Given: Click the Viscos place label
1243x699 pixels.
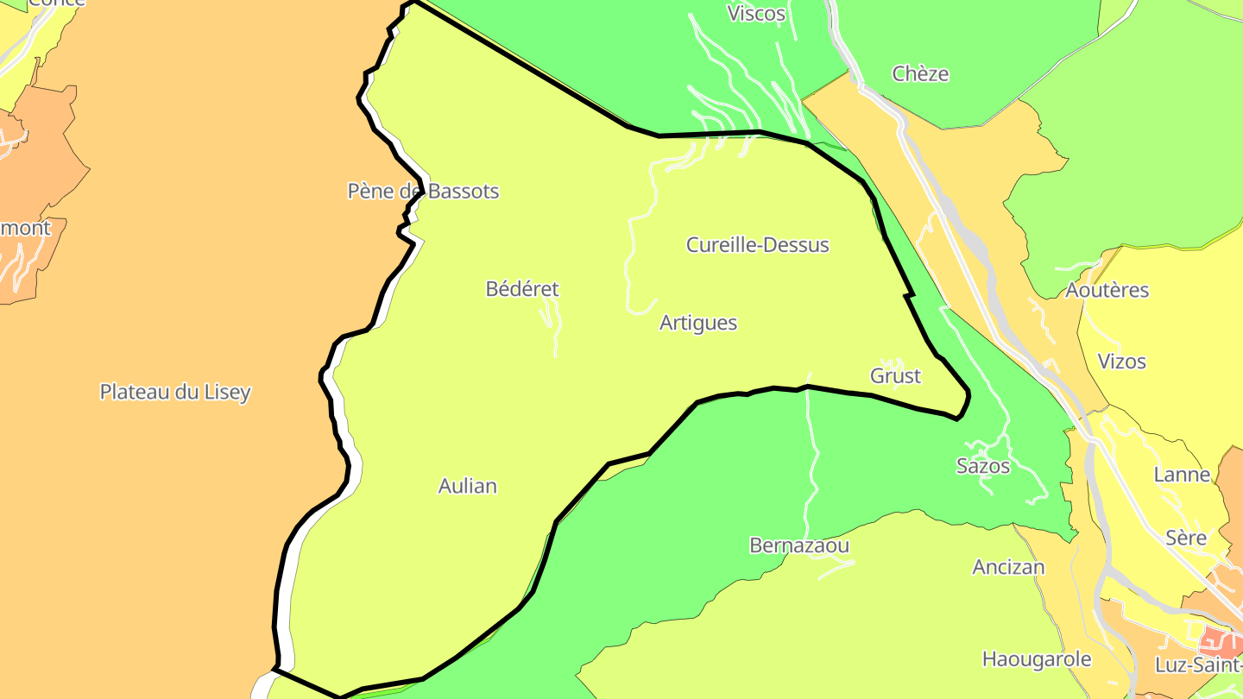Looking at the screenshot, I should click(x=756, y=14).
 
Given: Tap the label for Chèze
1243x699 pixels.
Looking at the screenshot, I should click(x=920, y=74).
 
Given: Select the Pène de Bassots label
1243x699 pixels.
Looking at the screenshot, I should click(x=423, y=192).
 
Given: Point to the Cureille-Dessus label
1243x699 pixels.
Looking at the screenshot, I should click(x=757, y=245).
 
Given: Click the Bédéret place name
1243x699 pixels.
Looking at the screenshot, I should click(x=522, y=289).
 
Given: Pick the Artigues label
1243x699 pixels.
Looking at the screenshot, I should click(x=698, y=323).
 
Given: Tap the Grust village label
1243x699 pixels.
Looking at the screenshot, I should click(x=895, y=376).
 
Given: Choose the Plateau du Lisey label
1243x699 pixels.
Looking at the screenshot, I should click(x=175, y=392).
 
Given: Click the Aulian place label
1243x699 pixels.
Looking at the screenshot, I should click(x=468, y=487).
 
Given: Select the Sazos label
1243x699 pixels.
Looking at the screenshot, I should click(x=983, y=466).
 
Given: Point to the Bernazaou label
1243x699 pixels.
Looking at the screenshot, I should click(x=799, y=546).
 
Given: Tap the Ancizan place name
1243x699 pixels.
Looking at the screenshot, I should click(x=1008, y=568).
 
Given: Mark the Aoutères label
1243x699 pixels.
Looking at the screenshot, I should click(x=1107, y=291).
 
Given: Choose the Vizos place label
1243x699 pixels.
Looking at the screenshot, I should click(x=1122, y=362).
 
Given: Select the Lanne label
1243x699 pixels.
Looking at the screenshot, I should click(x=1183, y=475).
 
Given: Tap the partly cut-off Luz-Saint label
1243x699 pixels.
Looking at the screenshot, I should click(x=1198, y=665).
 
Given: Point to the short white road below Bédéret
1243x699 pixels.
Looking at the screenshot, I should click(x=552, y=328).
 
